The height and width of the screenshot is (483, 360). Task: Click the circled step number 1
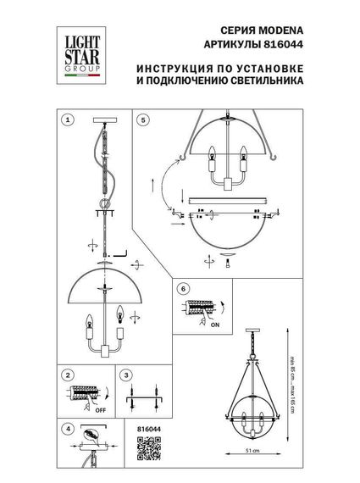pyautogui.click(x=69, y=121)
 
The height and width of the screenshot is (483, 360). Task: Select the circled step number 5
pyautogui.click(x=144, y=121)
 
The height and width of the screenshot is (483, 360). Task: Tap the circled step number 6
pyautogui.click(x=183, y=288)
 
